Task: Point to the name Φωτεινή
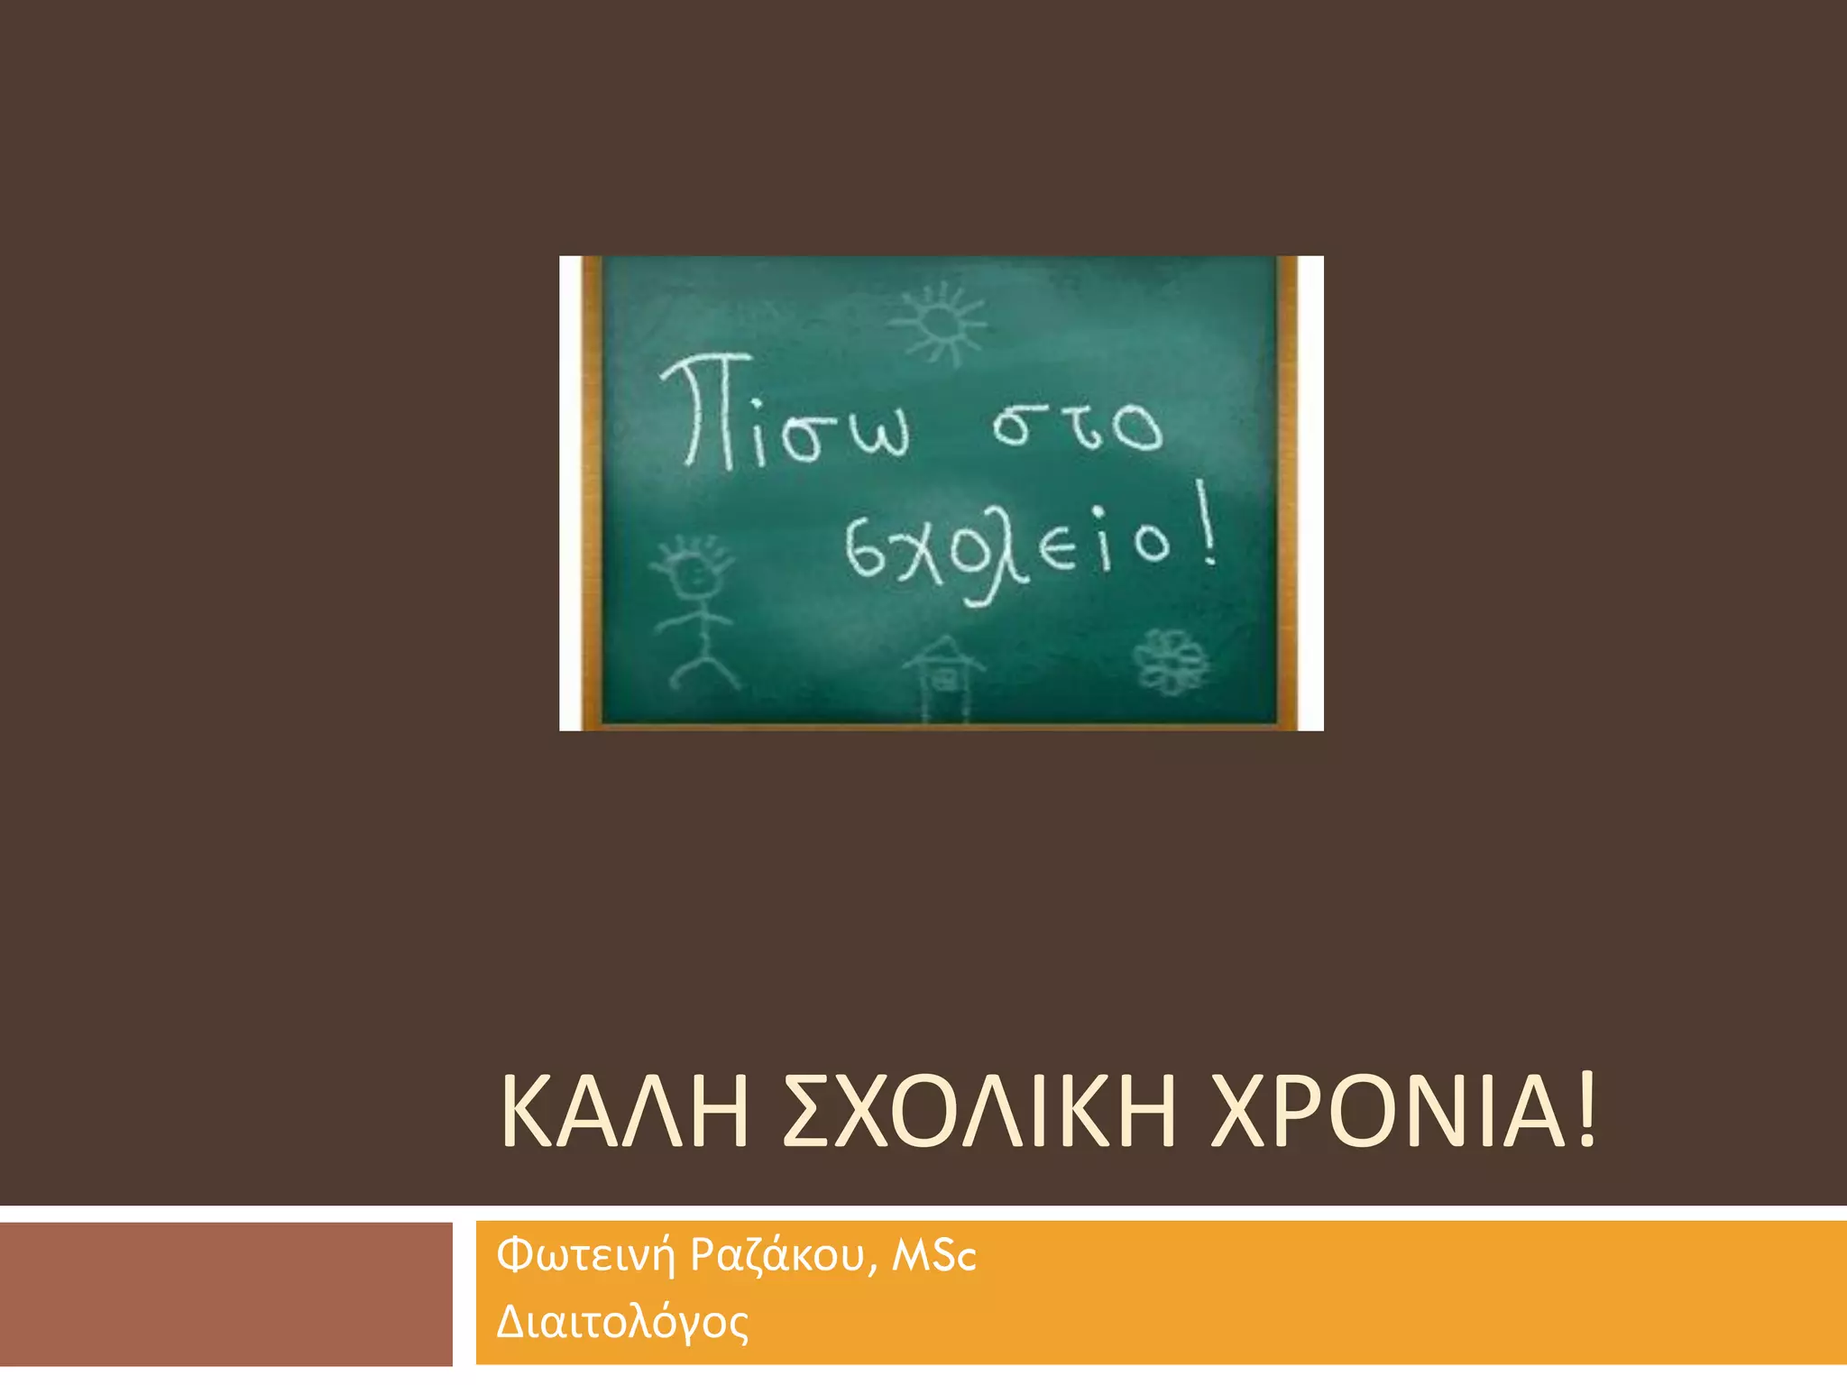585,1256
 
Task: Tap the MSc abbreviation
934,1256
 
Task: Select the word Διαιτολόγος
622,1323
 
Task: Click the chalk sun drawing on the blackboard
939,322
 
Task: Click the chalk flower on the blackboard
1171,661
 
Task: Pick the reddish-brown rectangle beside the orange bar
225,1293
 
